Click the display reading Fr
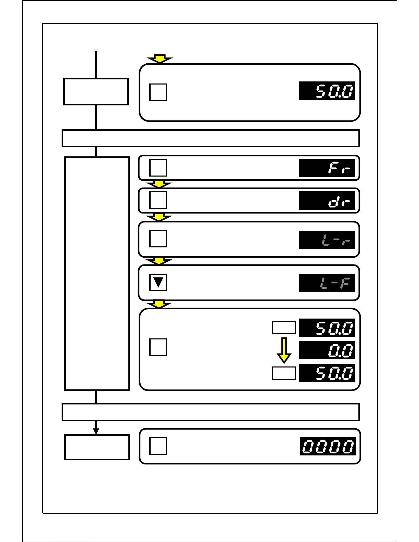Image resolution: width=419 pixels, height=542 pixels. click(x=327, y=168)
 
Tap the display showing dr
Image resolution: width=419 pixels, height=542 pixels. click(x=327, y=201)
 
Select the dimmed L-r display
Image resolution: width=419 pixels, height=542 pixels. click(x=327, y=240)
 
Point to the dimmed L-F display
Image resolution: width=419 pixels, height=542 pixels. click(x=327, y=283)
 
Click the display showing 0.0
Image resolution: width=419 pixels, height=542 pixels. click(x=327, y=350)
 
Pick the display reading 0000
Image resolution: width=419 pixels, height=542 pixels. click(x=328, y=447)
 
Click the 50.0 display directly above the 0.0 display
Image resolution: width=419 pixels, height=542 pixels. click(x=327, y=328)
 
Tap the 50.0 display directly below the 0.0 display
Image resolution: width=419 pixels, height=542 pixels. click(x=327, y=373)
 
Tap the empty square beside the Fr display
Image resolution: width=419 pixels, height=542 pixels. click(x=158, y=168)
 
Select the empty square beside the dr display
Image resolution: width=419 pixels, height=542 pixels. click(x=158, y=200)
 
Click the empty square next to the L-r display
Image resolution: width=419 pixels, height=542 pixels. click(x=158, y=238)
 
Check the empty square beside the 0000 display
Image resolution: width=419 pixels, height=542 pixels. click(x=158, y=446)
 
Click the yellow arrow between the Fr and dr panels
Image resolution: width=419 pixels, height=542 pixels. click(x=159, y=184)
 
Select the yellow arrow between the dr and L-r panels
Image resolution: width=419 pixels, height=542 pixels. click(x=159, y=217)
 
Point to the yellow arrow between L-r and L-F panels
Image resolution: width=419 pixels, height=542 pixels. click(x=159, y=261)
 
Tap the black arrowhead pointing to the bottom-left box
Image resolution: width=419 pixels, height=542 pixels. click(x=96, y=431)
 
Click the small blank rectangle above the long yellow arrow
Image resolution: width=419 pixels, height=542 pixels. click(x=284, y=327)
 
